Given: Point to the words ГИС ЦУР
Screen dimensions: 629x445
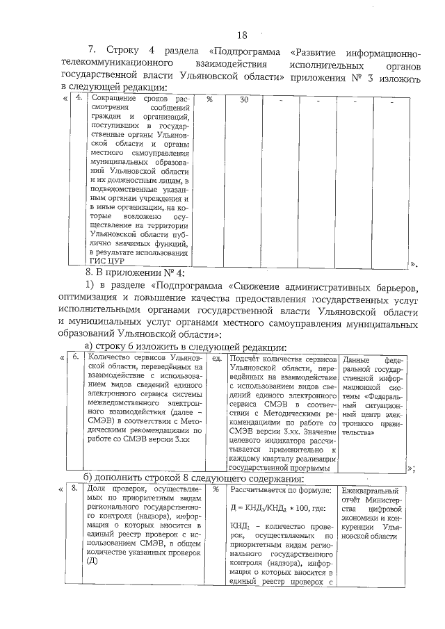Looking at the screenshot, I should tap(108, 261).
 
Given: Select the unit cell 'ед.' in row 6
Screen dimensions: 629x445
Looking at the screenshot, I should tap(216, 360).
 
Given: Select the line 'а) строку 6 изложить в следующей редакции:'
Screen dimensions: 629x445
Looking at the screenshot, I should tap(184, 347).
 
